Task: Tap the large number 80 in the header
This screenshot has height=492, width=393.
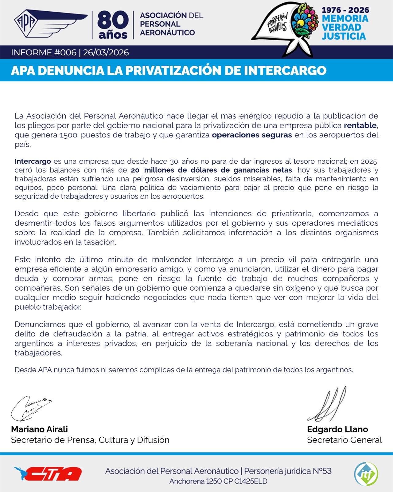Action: point(113,20)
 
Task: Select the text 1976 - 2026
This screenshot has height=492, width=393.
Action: point(345,10)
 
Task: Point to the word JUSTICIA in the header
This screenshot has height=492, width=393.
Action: point(344,36)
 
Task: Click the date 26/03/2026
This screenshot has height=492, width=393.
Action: point(106,53)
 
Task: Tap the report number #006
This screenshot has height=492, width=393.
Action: point(65,53)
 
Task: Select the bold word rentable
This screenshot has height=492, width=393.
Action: point(360,125)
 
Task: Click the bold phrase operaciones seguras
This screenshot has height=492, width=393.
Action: point(252,135)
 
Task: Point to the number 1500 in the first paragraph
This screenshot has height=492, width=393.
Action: point(68,135)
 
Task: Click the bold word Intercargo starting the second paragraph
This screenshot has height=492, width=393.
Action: point(33,161)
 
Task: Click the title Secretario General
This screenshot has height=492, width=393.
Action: point(344,440)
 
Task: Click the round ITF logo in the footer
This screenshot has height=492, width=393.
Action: point(366,474)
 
